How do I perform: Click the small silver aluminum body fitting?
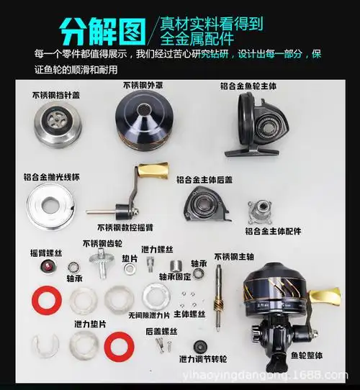[x=262, y=211]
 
